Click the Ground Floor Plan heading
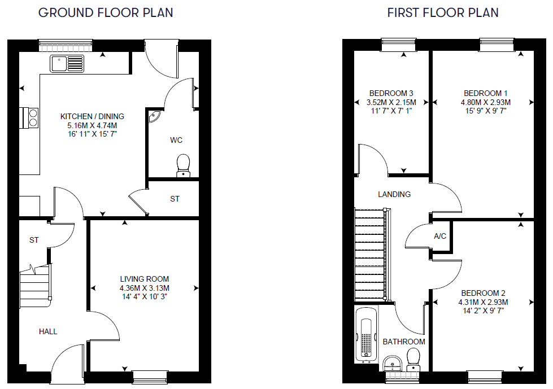tap(106, 12)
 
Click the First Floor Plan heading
tap(443, 12)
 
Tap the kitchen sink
tap(67, 64)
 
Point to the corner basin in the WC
tap(154, 116)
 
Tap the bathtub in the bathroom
tap(366, 334)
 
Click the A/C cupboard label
tap(440, 236)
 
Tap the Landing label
tap(394, 194)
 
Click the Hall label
tap(48, 331)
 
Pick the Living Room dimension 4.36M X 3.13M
tap(144, 288)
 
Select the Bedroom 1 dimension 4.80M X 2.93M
tap(486, 102)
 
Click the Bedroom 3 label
tap(391, 93)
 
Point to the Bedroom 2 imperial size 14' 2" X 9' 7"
tap(483, 311)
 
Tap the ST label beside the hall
tap(34, 241)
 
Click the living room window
tap(150, 377)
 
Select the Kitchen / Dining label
tap(92, 116)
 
